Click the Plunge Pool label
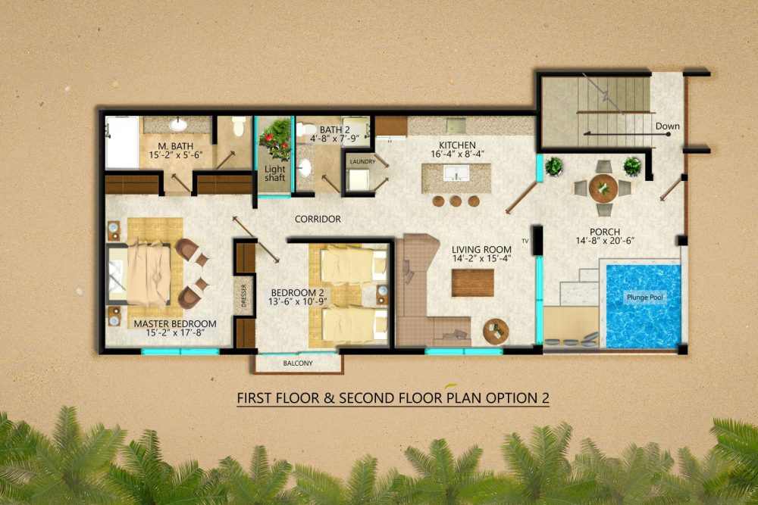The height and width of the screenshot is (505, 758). coord(645,298)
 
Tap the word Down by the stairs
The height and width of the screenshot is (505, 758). coord(667,126)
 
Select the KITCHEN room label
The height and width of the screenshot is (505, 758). coord(457,145)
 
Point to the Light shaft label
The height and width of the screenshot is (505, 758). coord(274,173)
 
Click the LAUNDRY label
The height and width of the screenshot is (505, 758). coord(362,162)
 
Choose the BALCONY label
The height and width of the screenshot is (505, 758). coord(298,363)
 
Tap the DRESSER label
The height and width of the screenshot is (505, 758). coord(243,295)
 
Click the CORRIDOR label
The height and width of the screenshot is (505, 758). coord(318,220)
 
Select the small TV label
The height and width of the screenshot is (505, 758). coord(525,241)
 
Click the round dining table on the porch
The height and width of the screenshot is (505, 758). coord(603,188)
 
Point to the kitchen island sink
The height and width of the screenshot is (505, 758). coord(456,173)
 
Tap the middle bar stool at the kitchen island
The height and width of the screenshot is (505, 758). coord(456,201)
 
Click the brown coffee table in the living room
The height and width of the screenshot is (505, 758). coord(473,283)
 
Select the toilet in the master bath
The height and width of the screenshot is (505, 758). coord(238,126)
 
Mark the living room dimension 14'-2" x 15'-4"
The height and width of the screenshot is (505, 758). coord(481,258)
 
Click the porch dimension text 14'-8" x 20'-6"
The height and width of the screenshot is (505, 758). coord(605,241)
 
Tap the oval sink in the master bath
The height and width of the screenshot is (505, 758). coord(178,125)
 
